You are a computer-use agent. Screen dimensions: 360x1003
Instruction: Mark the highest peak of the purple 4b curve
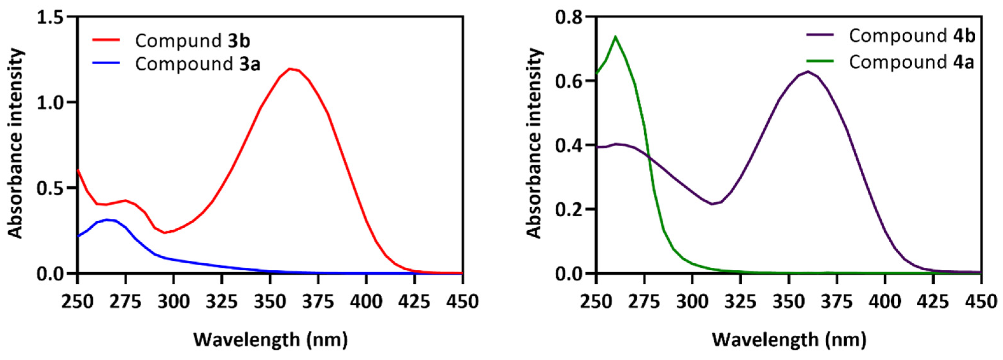click(x=808, y=71)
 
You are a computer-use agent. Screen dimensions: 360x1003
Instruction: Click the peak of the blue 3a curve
click(x=106, y=219)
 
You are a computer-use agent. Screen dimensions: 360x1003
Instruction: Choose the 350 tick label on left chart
click(x=270, y=301)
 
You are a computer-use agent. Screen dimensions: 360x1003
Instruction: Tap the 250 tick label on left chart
click(x=78, y=301)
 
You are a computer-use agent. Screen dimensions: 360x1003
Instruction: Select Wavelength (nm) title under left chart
click(x=270, y=339)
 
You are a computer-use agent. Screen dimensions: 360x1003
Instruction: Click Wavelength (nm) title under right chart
click(x=789, y=339)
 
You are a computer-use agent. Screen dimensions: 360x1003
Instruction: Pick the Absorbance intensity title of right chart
click(x=535, y=143)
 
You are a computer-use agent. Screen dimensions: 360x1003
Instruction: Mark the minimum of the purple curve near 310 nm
click(x=712, y=204)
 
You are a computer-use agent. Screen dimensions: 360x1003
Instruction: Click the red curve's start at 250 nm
click(x=78, y=170)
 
